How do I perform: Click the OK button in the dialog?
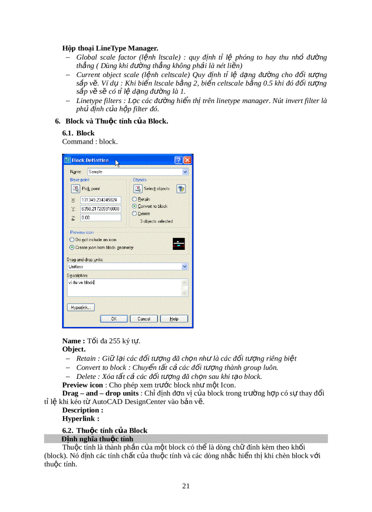114,319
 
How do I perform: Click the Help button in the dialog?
174,319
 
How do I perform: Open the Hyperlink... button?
81,307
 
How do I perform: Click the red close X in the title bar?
187,160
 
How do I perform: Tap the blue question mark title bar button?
178,160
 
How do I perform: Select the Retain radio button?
134,199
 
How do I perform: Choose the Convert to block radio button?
134,206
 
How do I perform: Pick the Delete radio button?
134,213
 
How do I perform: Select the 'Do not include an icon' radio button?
72,239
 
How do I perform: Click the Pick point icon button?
75,188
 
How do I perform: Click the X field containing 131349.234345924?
100,200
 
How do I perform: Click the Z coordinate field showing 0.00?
100,218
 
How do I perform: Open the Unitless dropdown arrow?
185,266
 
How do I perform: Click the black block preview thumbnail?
179,244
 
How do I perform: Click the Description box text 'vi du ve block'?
81,282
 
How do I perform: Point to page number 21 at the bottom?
186,486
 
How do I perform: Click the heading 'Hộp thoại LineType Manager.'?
110,48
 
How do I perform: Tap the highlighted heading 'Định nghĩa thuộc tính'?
97,439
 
